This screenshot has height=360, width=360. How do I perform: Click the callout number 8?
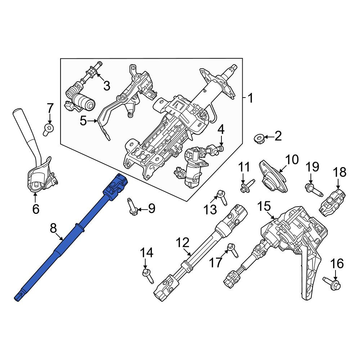click(53, 228)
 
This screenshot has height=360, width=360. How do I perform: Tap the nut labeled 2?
click(258, 139)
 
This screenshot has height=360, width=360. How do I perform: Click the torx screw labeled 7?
click(48, 129)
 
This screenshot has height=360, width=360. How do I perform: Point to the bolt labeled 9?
click(132, 206)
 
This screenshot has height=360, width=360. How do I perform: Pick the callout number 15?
click(264, 207)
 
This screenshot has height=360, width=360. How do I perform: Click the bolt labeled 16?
click(332, 284)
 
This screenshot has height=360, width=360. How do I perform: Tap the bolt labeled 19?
click(314, 190)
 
